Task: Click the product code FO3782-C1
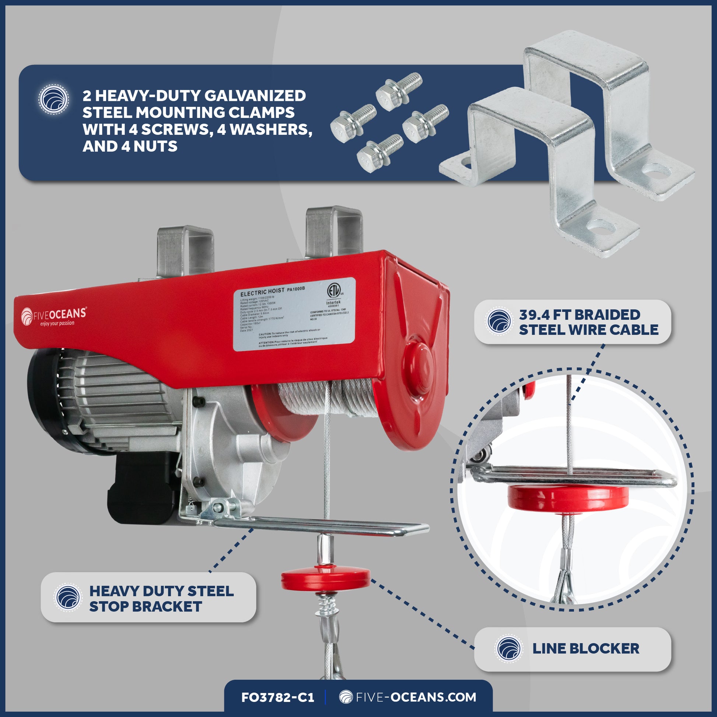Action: point(277,697)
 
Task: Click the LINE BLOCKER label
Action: point(585,649)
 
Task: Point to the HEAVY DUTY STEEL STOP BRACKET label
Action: point(161,599)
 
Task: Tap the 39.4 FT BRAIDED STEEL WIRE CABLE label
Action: point(588,322)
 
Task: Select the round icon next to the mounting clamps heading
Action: point(54,99)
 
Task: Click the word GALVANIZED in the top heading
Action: point(255,96)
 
